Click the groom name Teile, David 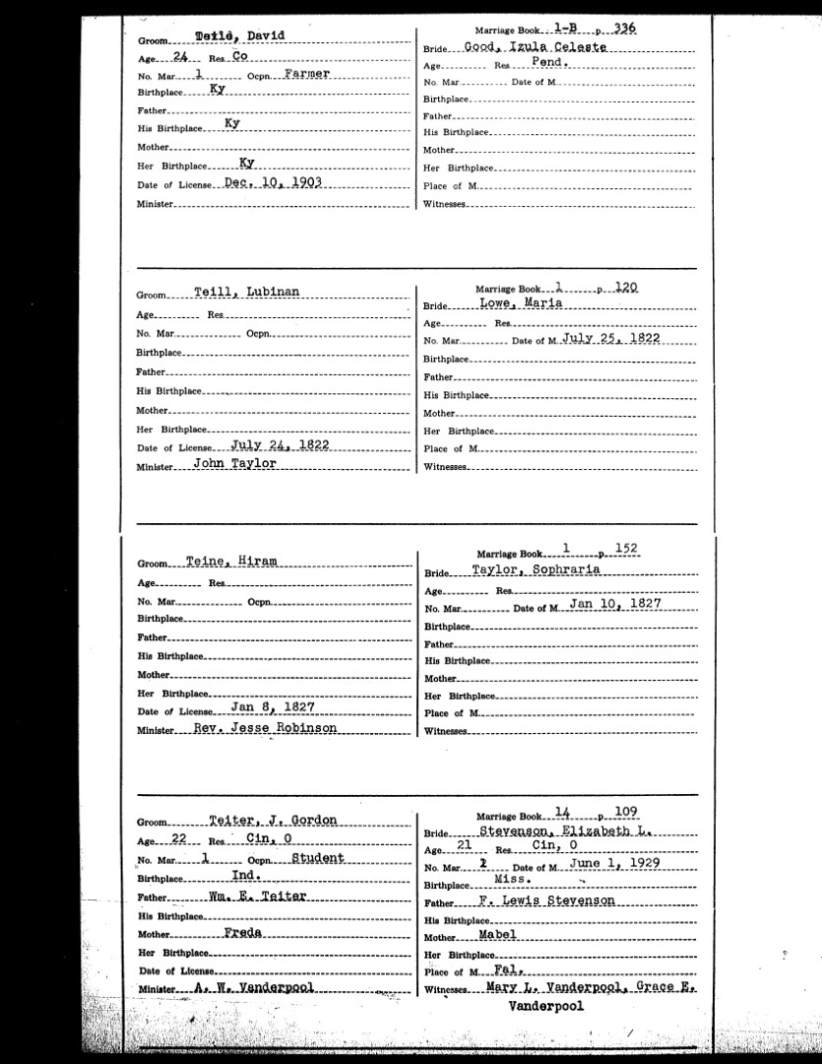click(240, 37)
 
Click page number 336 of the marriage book click(623, 29)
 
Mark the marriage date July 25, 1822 click(611, 338)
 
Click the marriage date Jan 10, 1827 click(614, 603)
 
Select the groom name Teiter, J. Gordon click(274, 820)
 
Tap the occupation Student click(318, 857)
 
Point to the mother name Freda click(242, 933)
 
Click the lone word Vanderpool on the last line click(546, 1007)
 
